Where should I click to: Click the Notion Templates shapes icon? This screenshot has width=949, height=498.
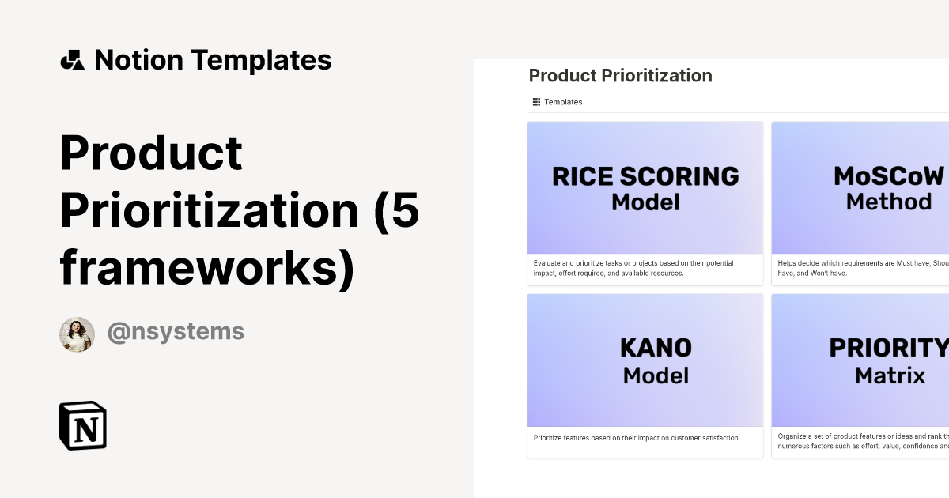(x=72, y=60)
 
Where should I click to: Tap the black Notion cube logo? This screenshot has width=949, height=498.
(x=83, y=426)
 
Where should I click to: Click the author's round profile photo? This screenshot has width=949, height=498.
(x=77, y=334)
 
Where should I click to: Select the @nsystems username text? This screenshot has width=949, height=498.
(x=176, y=332)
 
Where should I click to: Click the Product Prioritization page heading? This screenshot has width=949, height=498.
(x=620, y=76)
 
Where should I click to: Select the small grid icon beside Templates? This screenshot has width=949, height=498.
(x=536, y=102)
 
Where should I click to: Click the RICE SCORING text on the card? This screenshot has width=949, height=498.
(x=645, y=175)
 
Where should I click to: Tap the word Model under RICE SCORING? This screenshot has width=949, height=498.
(x=645, y=202)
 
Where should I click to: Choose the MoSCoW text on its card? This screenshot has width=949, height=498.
(x=889, y=175)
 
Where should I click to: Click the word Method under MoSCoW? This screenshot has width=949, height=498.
(x=889, y=202)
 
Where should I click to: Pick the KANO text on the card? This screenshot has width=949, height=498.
(x=656, y=348)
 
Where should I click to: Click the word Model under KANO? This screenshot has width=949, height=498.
(x=656, y=375)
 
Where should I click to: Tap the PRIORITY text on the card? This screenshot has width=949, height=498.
(x=887, y=348)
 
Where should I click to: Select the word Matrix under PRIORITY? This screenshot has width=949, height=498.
(x=890, y=375)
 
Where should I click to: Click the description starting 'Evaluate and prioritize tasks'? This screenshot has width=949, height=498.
(x=633, y=268)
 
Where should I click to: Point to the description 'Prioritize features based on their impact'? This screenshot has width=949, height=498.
(x=636, y=437)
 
